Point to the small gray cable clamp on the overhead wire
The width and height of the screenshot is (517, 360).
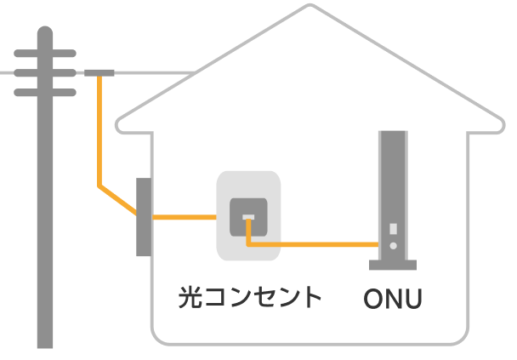tap(99, 73)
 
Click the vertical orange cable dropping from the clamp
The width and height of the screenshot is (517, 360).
tap(99, 128)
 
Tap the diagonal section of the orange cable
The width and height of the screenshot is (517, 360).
tap(117, 198)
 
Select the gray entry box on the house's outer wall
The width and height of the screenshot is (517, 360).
tap(144, 216)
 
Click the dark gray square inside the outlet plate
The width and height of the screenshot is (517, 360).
tap(248, 216)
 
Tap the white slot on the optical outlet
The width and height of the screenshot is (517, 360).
tap(248, 218)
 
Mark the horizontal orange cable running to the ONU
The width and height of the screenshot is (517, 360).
tap(315, 245)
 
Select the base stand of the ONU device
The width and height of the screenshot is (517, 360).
tap(393, 265)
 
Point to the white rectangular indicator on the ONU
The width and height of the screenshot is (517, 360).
tap(393, 229)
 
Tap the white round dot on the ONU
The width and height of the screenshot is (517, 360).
tap(393, 245)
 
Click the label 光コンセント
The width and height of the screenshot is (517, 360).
tap(250, 297)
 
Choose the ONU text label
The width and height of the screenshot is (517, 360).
tap(393, 299)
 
